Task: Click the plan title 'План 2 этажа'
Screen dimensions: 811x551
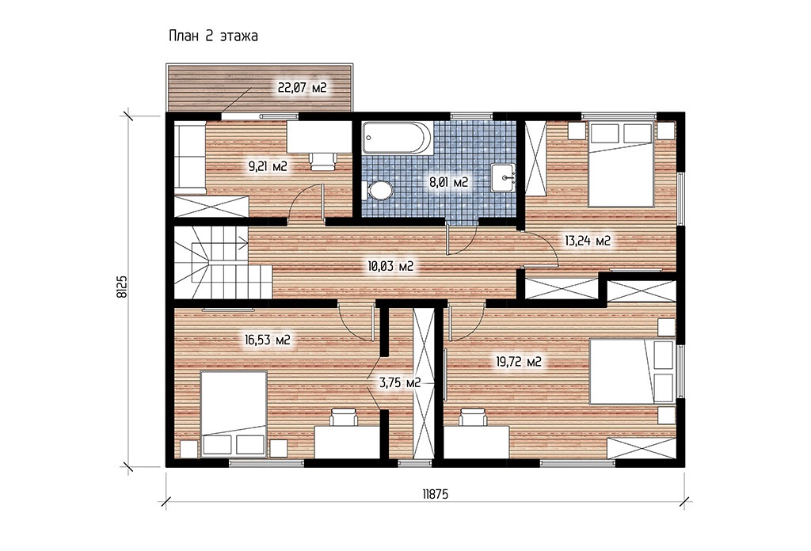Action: [x=213, y=36]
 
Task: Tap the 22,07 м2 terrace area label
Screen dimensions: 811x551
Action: [x=302, y=88]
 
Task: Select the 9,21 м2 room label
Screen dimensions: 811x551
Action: [x=268, y=166]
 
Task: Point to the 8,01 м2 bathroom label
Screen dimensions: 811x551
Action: [x=448, y=182]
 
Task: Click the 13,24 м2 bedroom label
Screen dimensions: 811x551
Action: [x=588, y=241]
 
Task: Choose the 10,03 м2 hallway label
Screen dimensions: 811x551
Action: [x=390, y=267]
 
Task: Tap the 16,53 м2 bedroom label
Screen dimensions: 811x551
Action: [x=267, y=340]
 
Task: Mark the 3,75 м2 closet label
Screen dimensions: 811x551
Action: [x=400, y=383]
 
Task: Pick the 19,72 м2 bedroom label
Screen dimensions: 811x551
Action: [x=519, y=362]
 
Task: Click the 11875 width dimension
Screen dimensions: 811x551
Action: [x=435, y=495]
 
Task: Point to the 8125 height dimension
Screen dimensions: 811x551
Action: [x=122, y=287]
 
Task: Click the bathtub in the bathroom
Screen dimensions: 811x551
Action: [x=396, y=138]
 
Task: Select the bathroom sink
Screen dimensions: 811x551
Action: [x=503, y=177]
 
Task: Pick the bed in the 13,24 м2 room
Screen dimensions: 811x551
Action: [x=622, y=165]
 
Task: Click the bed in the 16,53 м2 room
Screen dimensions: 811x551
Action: [x=234, y=414]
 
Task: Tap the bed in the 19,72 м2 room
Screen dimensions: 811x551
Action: [x=632, y=371]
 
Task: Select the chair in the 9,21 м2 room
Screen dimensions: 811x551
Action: [x=324, y=161]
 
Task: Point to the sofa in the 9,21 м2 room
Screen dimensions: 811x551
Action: [x=189, y=158]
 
